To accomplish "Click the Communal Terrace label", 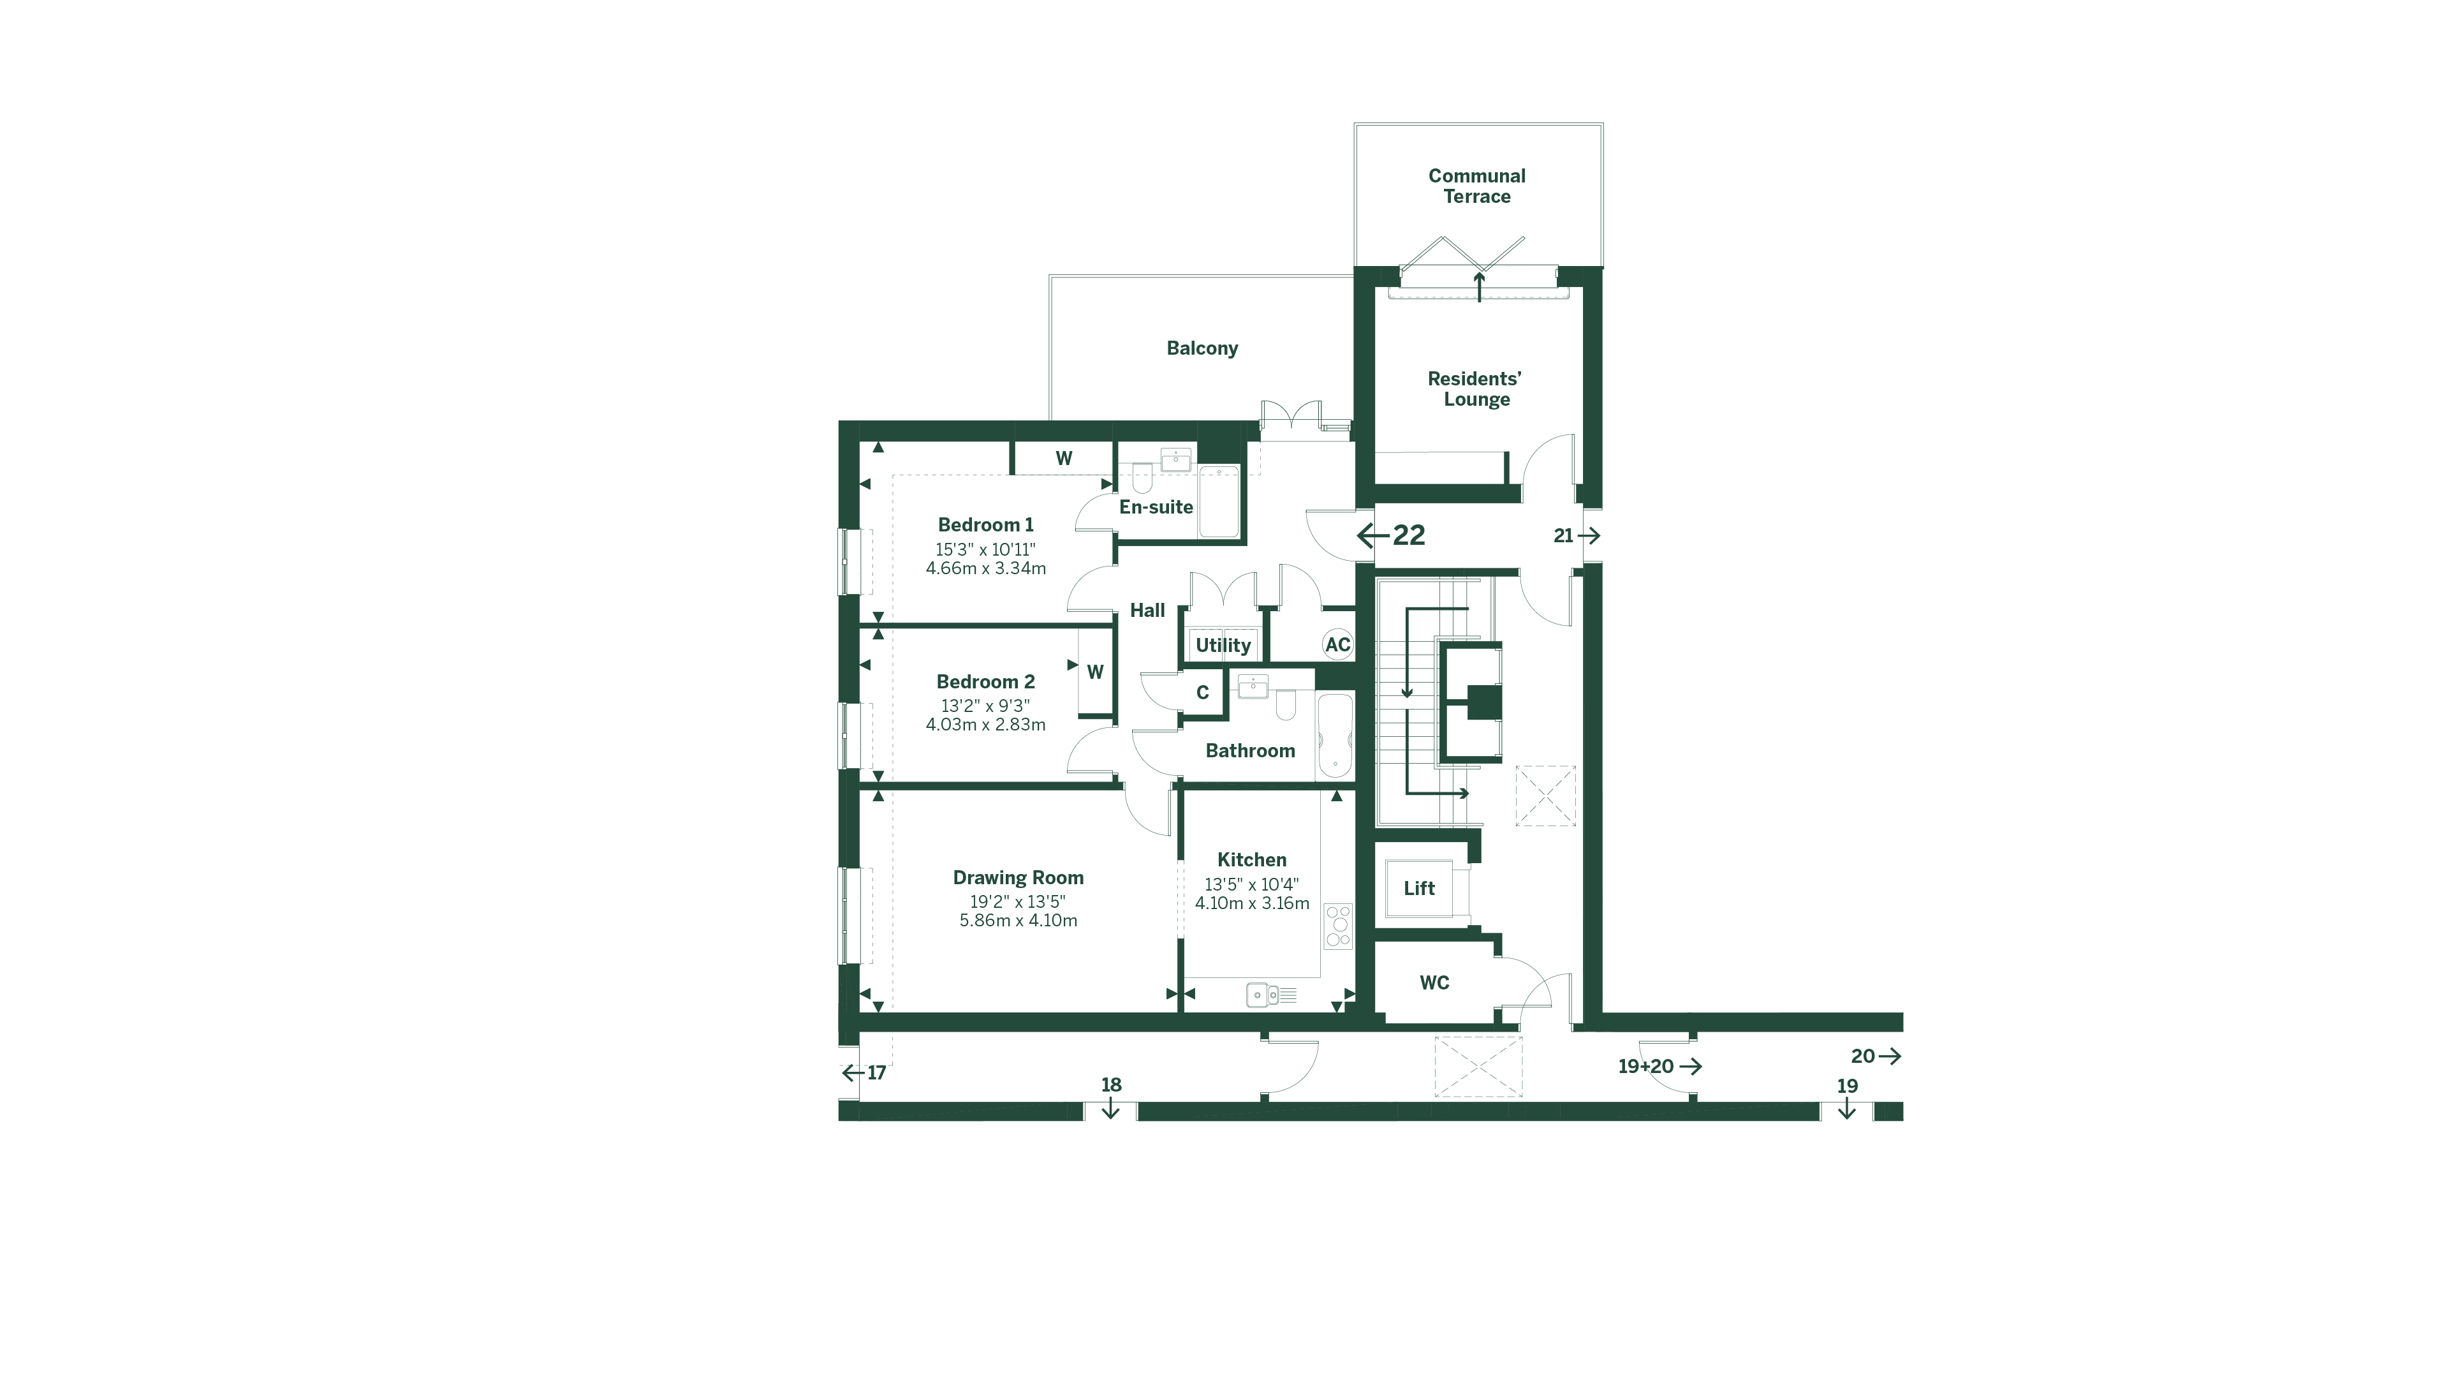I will [1476, 186].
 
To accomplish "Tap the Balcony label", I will [1202, 348].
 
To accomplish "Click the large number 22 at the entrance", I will [1408, 535].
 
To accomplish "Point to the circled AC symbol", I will [1337, 645].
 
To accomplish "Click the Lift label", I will [1418, 888].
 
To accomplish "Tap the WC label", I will [1434, 982].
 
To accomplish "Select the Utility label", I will [1223, 645].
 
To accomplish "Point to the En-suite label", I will [1155, 507].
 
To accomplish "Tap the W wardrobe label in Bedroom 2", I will [1095, 672].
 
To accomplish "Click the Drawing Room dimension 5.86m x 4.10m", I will [1019, 921].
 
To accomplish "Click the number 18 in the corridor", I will [1110, 1085].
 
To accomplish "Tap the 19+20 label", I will [1645, 1066].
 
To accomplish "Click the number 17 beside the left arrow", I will [876, 1072].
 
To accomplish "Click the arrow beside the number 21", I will [1589, 537].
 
